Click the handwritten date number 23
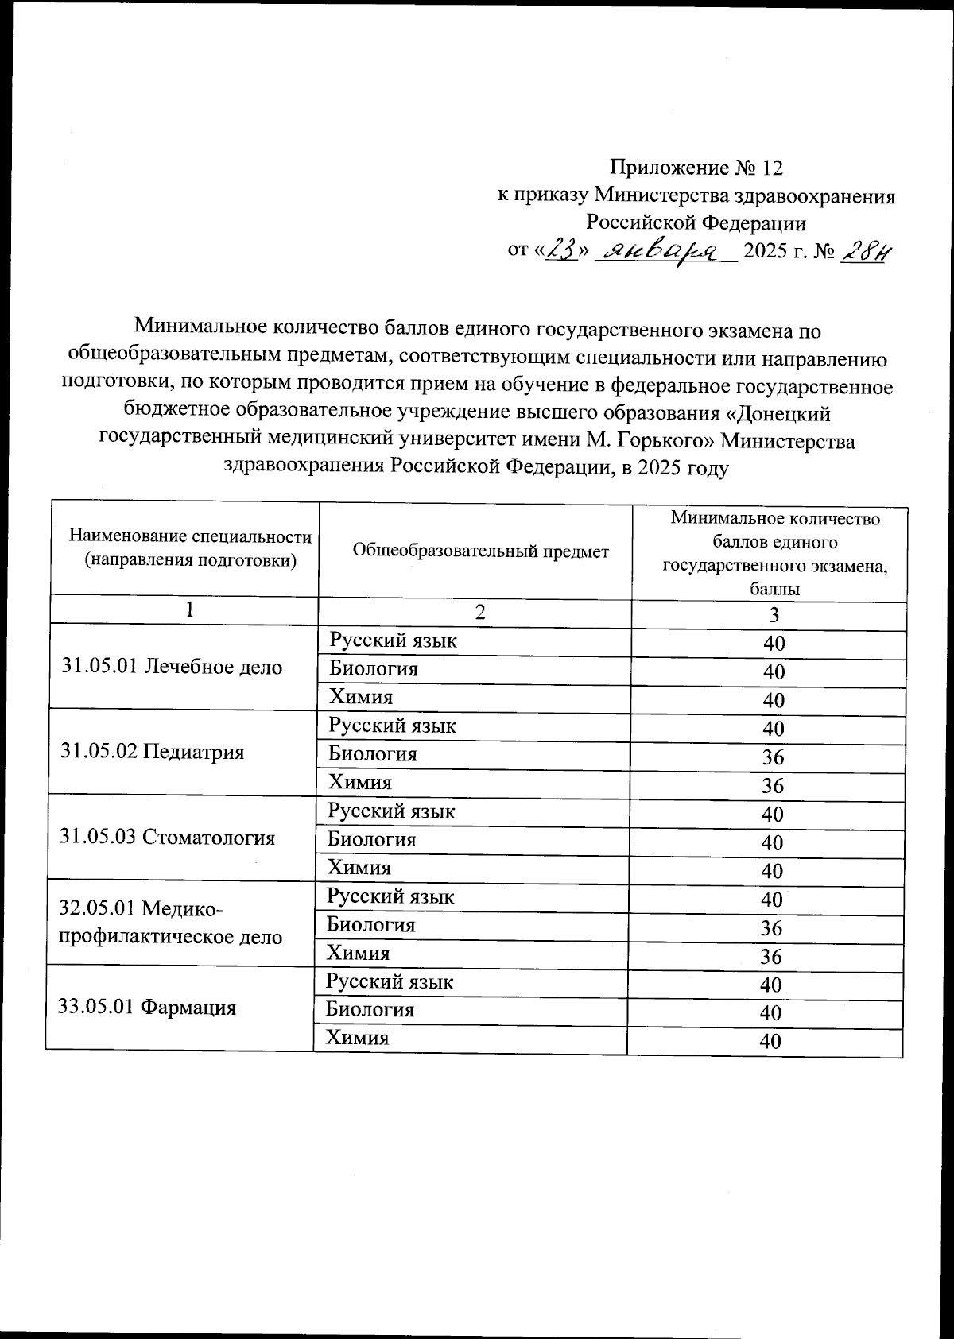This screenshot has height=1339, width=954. pos(562,251)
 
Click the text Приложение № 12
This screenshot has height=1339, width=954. pos(696,168)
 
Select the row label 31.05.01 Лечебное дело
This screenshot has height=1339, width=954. pos(172,668)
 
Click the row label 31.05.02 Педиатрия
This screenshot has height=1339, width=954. pos(152,752)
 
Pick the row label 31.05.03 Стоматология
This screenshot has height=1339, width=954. pos(168,837)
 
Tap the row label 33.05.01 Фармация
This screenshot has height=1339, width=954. pos(147,1008)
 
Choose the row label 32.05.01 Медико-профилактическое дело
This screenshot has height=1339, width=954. pos(171,922)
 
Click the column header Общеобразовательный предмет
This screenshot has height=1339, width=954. pos(480,551)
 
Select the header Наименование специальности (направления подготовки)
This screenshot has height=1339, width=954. pos(190,548)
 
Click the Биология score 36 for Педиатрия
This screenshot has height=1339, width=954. pos(773,757)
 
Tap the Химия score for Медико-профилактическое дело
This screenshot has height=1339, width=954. pos(771,956)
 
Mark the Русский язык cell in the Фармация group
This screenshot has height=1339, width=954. pos(390,981)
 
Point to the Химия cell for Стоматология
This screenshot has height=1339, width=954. pos(359,868)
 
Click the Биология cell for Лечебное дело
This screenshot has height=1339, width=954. pos(374,669)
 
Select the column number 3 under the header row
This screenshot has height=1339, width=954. pos(774,616)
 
